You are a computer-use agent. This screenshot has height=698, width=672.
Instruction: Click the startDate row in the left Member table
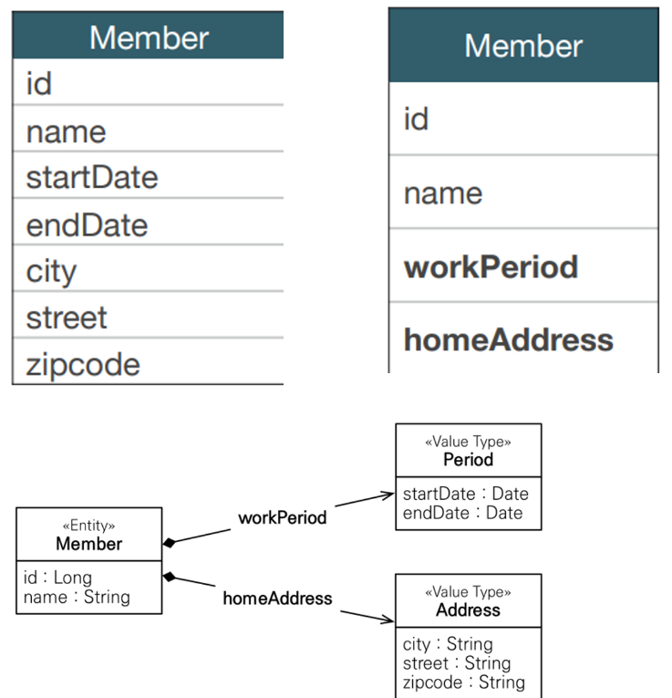[148, 175]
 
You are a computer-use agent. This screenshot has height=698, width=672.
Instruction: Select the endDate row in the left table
[148, 222]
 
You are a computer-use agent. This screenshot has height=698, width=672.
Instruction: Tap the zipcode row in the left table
[148, 361]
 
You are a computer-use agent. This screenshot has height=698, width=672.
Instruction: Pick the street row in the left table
[148, 315]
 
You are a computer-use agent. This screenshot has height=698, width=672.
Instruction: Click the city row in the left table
[148, 268]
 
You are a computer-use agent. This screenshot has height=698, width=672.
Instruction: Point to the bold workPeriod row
[523, 266]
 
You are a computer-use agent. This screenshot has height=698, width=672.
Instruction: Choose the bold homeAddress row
[523, 339]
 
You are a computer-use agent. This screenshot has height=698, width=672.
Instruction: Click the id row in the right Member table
[523, 119]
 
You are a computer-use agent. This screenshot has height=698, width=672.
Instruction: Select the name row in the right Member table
[523, 193]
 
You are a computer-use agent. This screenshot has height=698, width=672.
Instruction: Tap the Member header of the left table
[148, 36]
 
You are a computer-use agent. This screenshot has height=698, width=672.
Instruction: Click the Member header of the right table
[523, 46]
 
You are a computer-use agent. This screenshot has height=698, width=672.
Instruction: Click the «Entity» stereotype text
[89, 526]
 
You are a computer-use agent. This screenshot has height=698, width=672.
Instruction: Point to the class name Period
[469, 459]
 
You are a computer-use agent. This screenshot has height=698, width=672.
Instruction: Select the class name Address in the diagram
[469, 609]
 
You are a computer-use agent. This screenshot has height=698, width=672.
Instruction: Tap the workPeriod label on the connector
[283, 517]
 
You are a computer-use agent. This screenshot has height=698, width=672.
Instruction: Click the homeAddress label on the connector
[277, 599]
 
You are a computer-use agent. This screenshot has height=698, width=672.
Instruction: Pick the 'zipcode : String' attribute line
[464, 682]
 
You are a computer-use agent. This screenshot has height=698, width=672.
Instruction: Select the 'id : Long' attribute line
[57, 578]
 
